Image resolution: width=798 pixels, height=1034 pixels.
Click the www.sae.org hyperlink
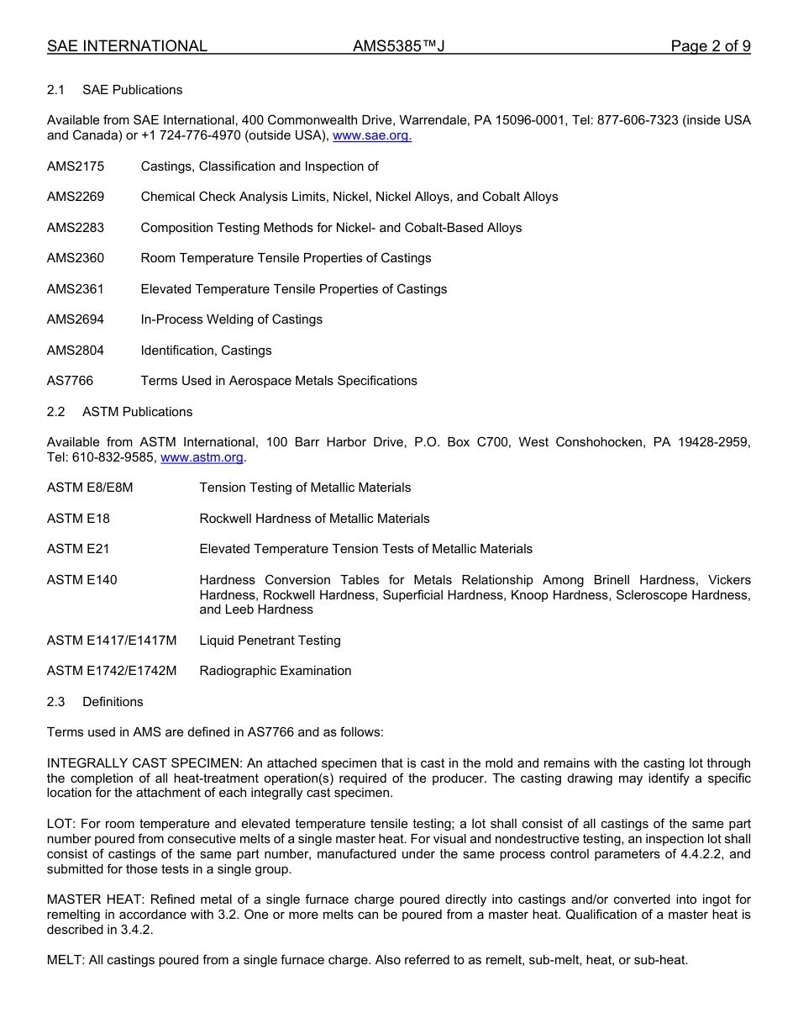point(372,135)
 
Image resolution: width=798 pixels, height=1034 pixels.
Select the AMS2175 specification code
point(76,166)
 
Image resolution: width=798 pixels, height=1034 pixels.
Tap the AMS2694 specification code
point(76,319)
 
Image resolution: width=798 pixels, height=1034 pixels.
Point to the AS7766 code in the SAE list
point(70,381)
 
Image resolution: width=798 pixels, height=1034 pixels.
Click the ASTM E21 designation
point(78,549)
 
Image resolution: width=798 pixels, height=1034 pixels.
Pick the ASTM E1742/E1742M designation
point(112,671)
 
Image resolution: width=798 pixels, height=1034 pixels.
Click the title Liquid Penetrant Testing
point(270,641)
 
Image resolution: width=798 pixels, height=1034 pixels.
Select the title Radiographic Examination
point(275,671)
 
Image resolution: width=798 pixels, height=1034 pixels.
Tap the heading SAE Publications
point(132,90)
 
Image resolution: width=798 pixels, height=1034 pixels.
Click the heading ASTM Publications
point(137,412)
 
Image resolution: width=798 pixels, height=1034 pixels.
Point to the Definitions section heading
point(113,702)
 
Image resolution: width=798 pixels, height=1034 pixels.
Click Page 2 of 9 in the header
point(710,46)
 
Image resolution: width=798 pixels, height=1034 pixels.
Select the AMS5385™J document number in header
point(398,46)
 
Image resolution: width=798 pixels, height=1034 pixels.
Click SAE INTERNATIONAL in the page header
point(127,46)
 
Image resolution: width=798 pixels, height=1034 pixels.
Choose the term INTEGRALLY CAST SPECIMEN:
point(144,763)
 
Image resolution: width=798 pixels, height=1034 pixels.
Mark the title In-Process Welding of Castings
point(231,319)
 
